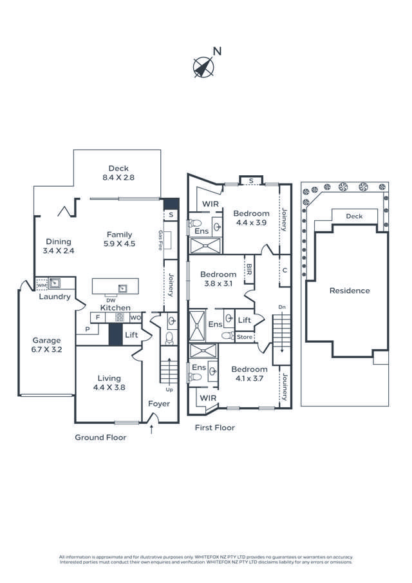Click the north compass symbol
pyautogui.click(x=205, y=66)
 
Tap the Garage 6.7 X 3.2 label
pyautogui.click(x=47, y=345)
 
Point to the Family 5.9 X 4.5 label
pyautogui.click(x=119, y=239)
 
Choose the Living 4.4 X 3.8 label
pyautogui.click(x=109, y=383)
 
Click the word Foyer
pyautogui.click(x=159, y=404)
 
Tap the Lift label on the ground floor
pyautogui.click(x=131, y=335)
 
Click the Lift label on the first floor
pyautogui.click(x=245, y=320)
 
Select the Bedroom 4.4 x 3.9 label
pyautogui.click(x=251, y=218)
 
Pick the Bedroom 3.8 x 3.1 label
pyautogui.click(x=218, y=278)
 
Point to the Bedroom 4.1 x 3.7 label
pyautogui.click(x=250, y=374)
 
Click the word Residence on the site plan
pyautogui.click(x=350, y=291)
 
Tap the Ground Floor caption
pyautogui.click(x=100, y=437)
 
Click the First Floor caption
pyautogui.click(x=215, y=428)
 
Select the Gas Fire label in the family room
pyautogui.click(x=160, y=240)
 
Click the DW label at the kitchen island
pyautogui.click(x=111, y=300)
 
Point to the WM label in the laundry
pyautogui.click(x=41, y=284)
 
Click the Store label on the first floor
pyautogui.click(x=245, y=336)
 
